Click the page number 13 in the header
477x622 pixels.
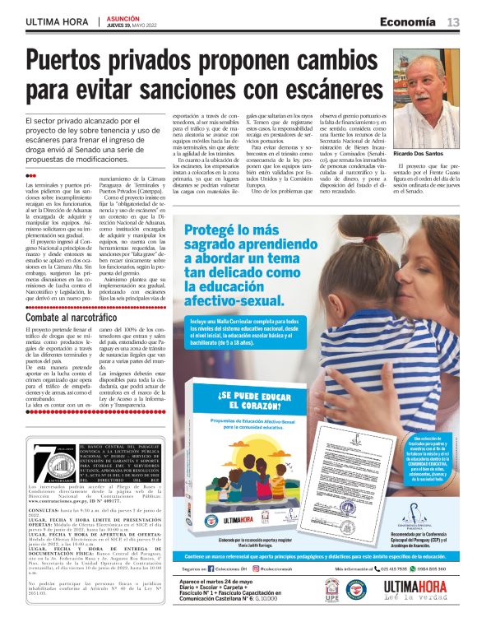[x=453, y=21]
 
